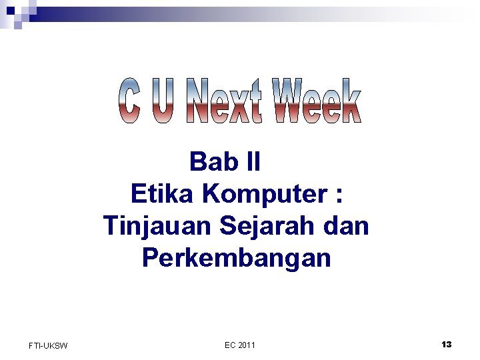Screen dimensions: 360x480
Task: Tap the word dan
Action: (x=347, y=226)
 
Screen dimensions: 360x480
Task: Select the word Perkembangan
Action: (x=236, y=258)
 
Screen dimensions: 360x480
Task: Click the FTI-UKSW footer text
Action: (x=48, y=345)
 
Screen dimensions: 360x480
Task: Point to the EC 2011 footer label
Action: (x=240, y=345)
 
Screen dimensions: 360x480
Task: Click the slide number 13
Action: (x=446, y=344)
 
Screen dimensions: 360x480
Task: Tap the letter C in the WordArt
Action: (x=130, y=101)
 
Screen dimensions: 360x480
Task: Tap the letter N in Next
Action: (x=199, y=101)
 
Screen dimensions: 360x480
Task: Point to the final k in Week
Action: (x=351, y=101)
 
